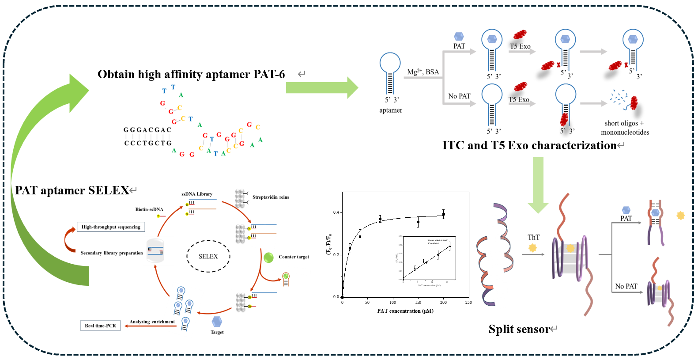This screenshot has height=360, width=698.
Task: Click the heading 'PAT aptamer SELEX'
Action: point(72,190)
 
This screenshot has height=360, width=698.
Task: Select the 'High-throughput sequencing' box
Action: point(111,227)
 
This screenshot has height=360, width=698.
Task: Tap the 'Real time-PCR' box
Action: point(100,326)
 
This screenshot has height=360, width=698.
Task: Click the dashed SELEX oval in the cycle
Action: point(208,256)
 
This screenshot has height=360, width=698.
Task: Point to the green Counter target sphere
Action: point(268,257)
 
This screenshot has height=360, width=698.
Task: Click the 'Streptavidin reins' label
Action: point(271,197)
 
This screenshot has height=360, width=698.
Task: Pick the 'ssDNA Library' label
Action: point(197,194)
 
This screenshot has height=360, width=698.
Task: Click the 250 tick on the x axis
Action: point(468,303)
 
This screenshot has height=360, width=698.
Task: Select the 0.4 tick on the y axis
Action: point(336,212)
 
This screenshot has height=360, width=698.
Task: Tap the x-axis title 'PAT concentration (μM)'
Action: point(405,311)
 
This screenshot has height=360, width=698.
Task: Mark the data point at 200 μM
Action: point(443,214)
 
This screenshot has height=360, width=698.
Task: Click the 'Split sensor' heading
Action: point(519,329)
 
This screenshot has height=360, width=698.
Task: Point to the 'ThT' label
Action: point(533,238)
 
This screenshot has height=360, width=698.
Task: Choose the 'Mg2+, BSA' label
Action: point(423,72)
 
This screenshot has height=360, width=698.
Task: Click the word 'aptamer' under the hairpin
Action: point(391,110)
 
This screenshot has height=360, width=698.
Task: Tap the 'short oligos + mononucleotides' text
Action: point(625,128)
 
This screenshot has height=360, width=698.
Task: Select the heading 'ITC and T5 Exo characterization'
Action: point(529,145)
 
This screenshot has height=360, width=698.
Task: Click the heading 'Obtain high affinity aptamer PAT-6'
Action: point(191,74)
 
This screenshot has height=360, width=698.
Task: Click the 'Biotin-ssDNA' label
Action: point(149,209)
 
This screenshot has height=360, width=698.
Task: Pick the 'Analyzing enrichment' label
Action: point(152,322)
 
